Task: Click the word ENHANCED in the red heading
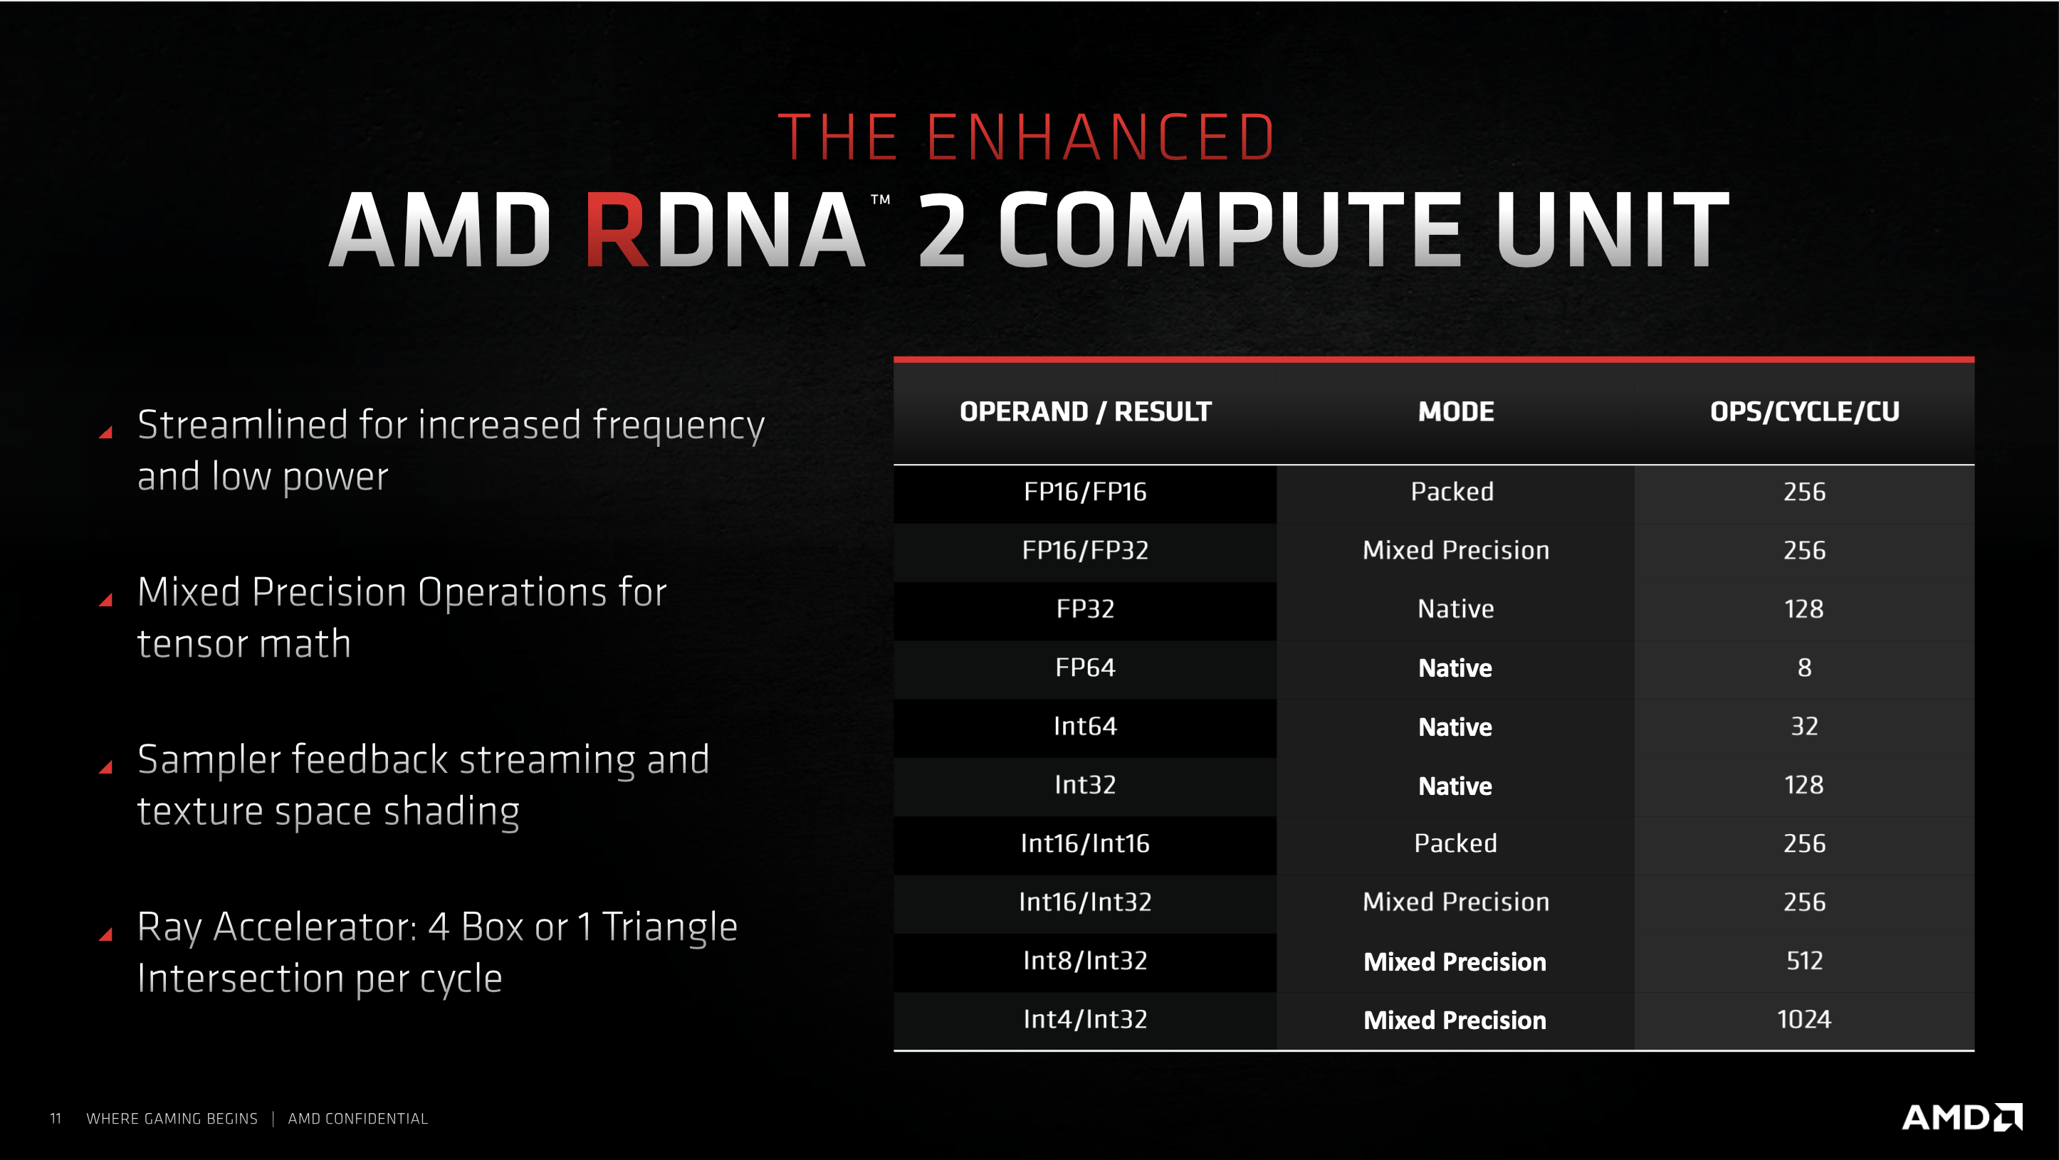pos(1101,137)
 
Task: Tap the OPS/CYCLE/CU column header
pos(1804,411)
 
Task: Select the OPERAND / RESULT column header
pos(1086,411)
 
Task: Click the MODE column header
pos(1455,411)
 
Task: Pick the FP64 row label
pos(1084,667)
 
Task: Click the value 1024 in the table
pos(1804,1018)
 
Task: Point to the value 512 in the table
pos(1804,960)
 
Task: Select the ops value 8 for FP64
pos(1804,667)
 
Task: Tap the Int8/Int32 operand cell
pos(1084,960)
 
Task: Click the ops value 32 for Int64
pos(1804,725)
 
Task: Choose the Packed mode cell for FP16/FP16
pos(1452,491)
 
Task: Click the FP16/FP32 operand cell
pos(1084,549)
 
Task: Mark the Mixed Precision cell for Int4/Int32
pos(1455,1021)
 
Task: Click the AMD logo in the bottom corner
pos(1962,1117)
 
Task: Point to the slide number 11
pos(55,1119)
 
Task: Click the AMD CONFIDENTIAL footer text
pos(357,1119)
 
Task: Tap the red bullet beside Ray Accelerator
pos(105,934)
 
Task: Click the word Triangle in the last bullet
pos(669,927)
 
